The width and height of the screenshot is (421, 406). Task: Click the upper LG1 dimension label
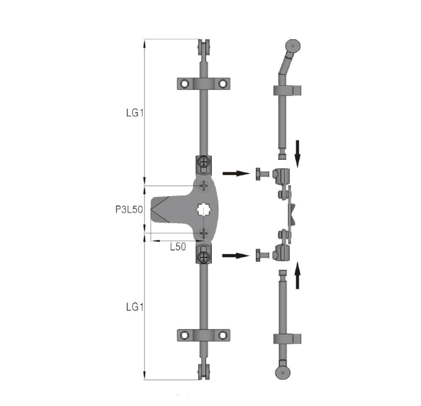pyautogui.click(x=135, y=113)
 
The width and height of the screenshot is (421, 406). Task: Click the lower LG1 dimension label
pyautogui.click(x=135, y=307)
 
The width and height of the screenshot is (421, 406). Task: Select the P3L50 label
pyautogui.click(x=129, y=209)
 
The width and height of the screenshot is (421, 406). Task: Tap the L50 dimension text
pyautogui.click(x=178, y=247)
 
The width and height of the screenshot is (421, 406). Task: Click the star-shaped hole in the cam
pyautogui.click(x=204, y=210)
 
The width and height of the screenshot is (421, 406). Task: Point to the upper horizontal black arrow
pyautogui.click(x=236, y=173)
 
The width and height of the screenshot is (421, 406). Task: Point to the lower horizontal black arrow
pyautogui.click(x=236, y=256)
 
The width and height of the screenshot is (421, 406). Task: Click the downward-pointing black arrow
pyautogui.click(x=297, y=154)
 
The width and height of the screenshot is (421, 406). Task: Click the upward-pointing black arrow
pyautogui.click(x=297, y=275)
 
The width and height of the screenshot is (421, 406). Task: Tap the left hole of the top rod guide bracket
pyautogui.click(x=185, y=84)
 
